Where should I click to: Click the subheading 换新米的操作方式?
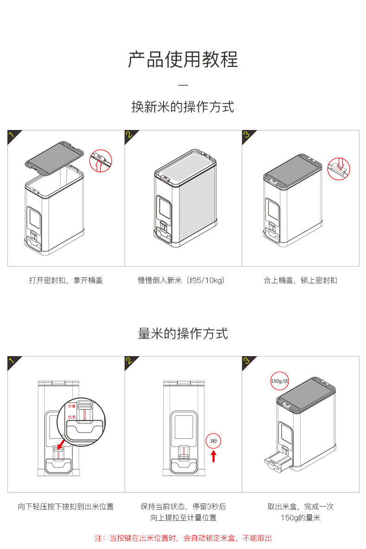coord(183,107)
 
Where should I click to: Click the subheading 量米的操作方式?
coord(183,333)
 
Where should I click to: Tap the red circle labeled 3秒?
coord(213,440)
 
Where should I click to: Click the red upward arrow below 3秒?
coord(214,456)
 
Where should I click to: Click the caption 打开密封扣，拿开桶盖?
coord(66,281)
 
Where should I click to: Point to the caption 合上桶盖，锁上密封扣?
coord(301,281)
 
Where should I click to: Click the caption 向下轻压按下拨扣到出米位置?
coord(66,507)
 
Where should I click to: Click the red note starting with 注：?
coord(183,538)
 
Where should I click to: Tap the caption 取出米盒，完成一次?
coord(301,507)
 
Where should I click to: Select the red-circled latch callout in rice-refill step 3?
coord(339,169)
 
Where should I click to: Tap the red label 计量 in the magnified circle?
coord(72,406)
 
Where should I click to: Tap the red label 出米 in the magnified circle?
coord(72,417)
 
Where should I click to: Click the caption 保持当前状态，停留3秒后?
coord(183,507)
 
